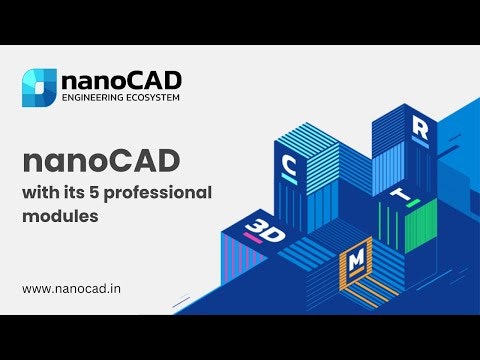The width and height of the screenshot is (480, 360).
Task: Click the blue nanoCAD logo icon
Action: [39, 87]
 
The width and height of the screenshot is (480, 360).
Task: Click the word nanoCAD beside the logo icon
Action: [119, 80]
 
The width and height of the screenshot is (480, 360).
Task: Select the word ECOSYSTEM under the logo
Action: [151, 99]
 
